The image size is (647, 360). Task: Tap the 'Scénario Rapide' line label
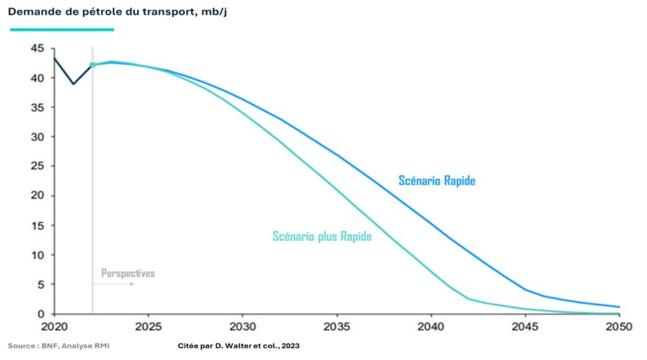tap(437, 181)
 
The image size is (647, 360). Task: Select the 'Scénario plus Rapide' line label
tap(322, 237)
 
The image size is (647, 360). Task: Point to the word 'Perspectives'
tap(128, 273)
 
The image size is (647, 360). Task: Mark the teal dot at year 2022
tap(92, 64)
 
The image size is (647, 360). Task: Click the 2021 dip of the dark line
tap(73, 83)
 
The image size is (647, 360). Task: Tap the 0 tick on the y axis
tap(40, 314)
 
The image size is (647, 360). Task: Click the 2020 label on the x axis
tap(54, 327)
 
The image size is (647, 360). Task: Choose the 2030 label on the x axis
tap(243, 327)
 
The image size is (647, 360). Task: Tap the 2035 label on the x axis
tap(337, 327)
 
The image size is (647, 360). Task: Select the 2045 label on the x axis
tap(524, 327)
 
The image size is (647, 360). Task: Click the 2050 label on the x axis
tap(618, 327)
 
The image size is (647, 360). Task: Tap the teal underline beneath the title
tap(61, 29)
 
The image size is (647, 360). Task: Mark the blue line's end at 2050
tap(619, 307)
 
